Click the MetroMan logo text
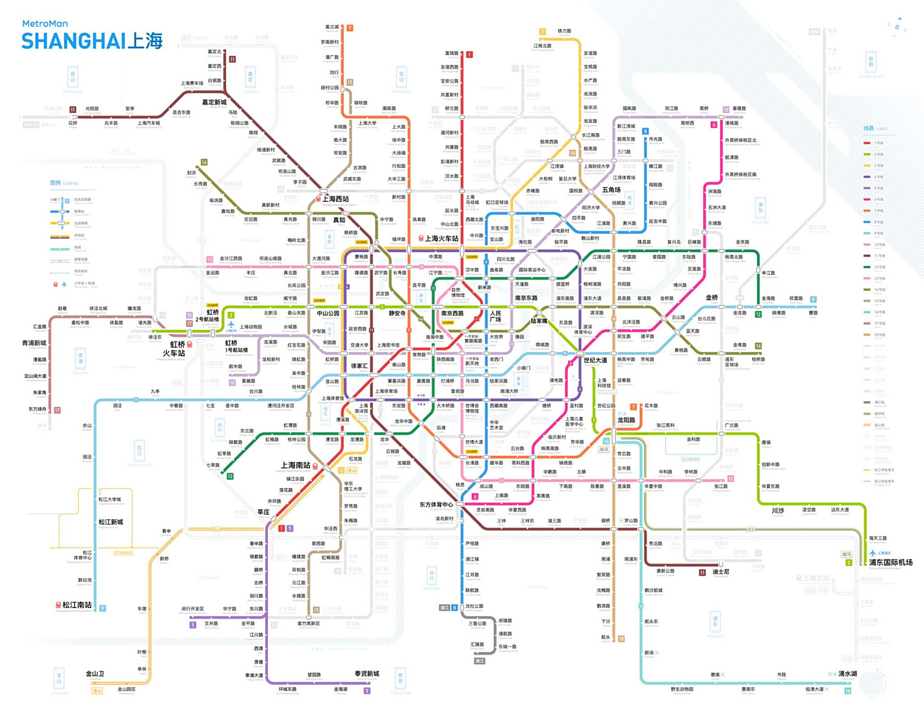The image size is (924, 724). pyautogui.click(x=45, y=24)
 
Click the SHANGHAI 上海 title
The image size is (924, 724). pyautogui.click(x=92, y=41)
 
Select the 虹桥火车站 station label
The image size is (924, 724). pyautogui.click(x=174, y=348)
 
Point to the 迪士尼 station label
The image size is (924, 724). pyautogui.click(x=720, y=572)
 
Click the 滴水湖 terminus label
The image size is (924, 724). pyautogui.click(x=847, y=674)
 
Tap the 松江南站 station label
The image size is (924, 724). pyautogui.click(x=77, y=605)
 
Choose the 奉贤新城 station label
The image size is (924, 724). pyautogui.click(x=366, y=674)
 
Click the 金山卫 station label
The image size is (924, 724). pyautogui.click(x=95, y=674)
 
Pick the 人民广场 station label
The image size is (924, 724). pyautogui.click(x=495, y=316)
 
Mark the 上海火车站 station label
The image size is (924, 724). pyautogui.click(x=441, y=239)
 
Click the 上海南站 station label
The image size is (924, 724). pyautogui.click(x=296, y=465)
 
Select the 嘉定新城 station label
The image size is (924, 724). pyautogui.click(x=214, y=102)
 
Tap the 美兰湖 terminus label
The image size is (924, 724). pyautogui.click(x=332, y=27)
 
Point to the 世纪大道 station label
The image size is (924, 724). pyautogui.click(x=595, y=360)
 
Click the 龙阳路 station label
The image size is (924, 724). pyautogui.click(x=626, y=420)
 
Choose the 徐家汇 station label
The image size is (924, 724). pyautogui.click(x=360, y=366)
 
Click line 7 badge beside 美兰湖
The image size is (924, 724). pyautogui.click(x=349, y=28)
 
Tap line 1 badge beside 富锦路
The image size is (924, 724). pyautogui.click(x=469, y=55)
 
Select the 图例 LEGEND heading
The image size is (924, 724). pyautogui.click(x=64, y=183)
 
